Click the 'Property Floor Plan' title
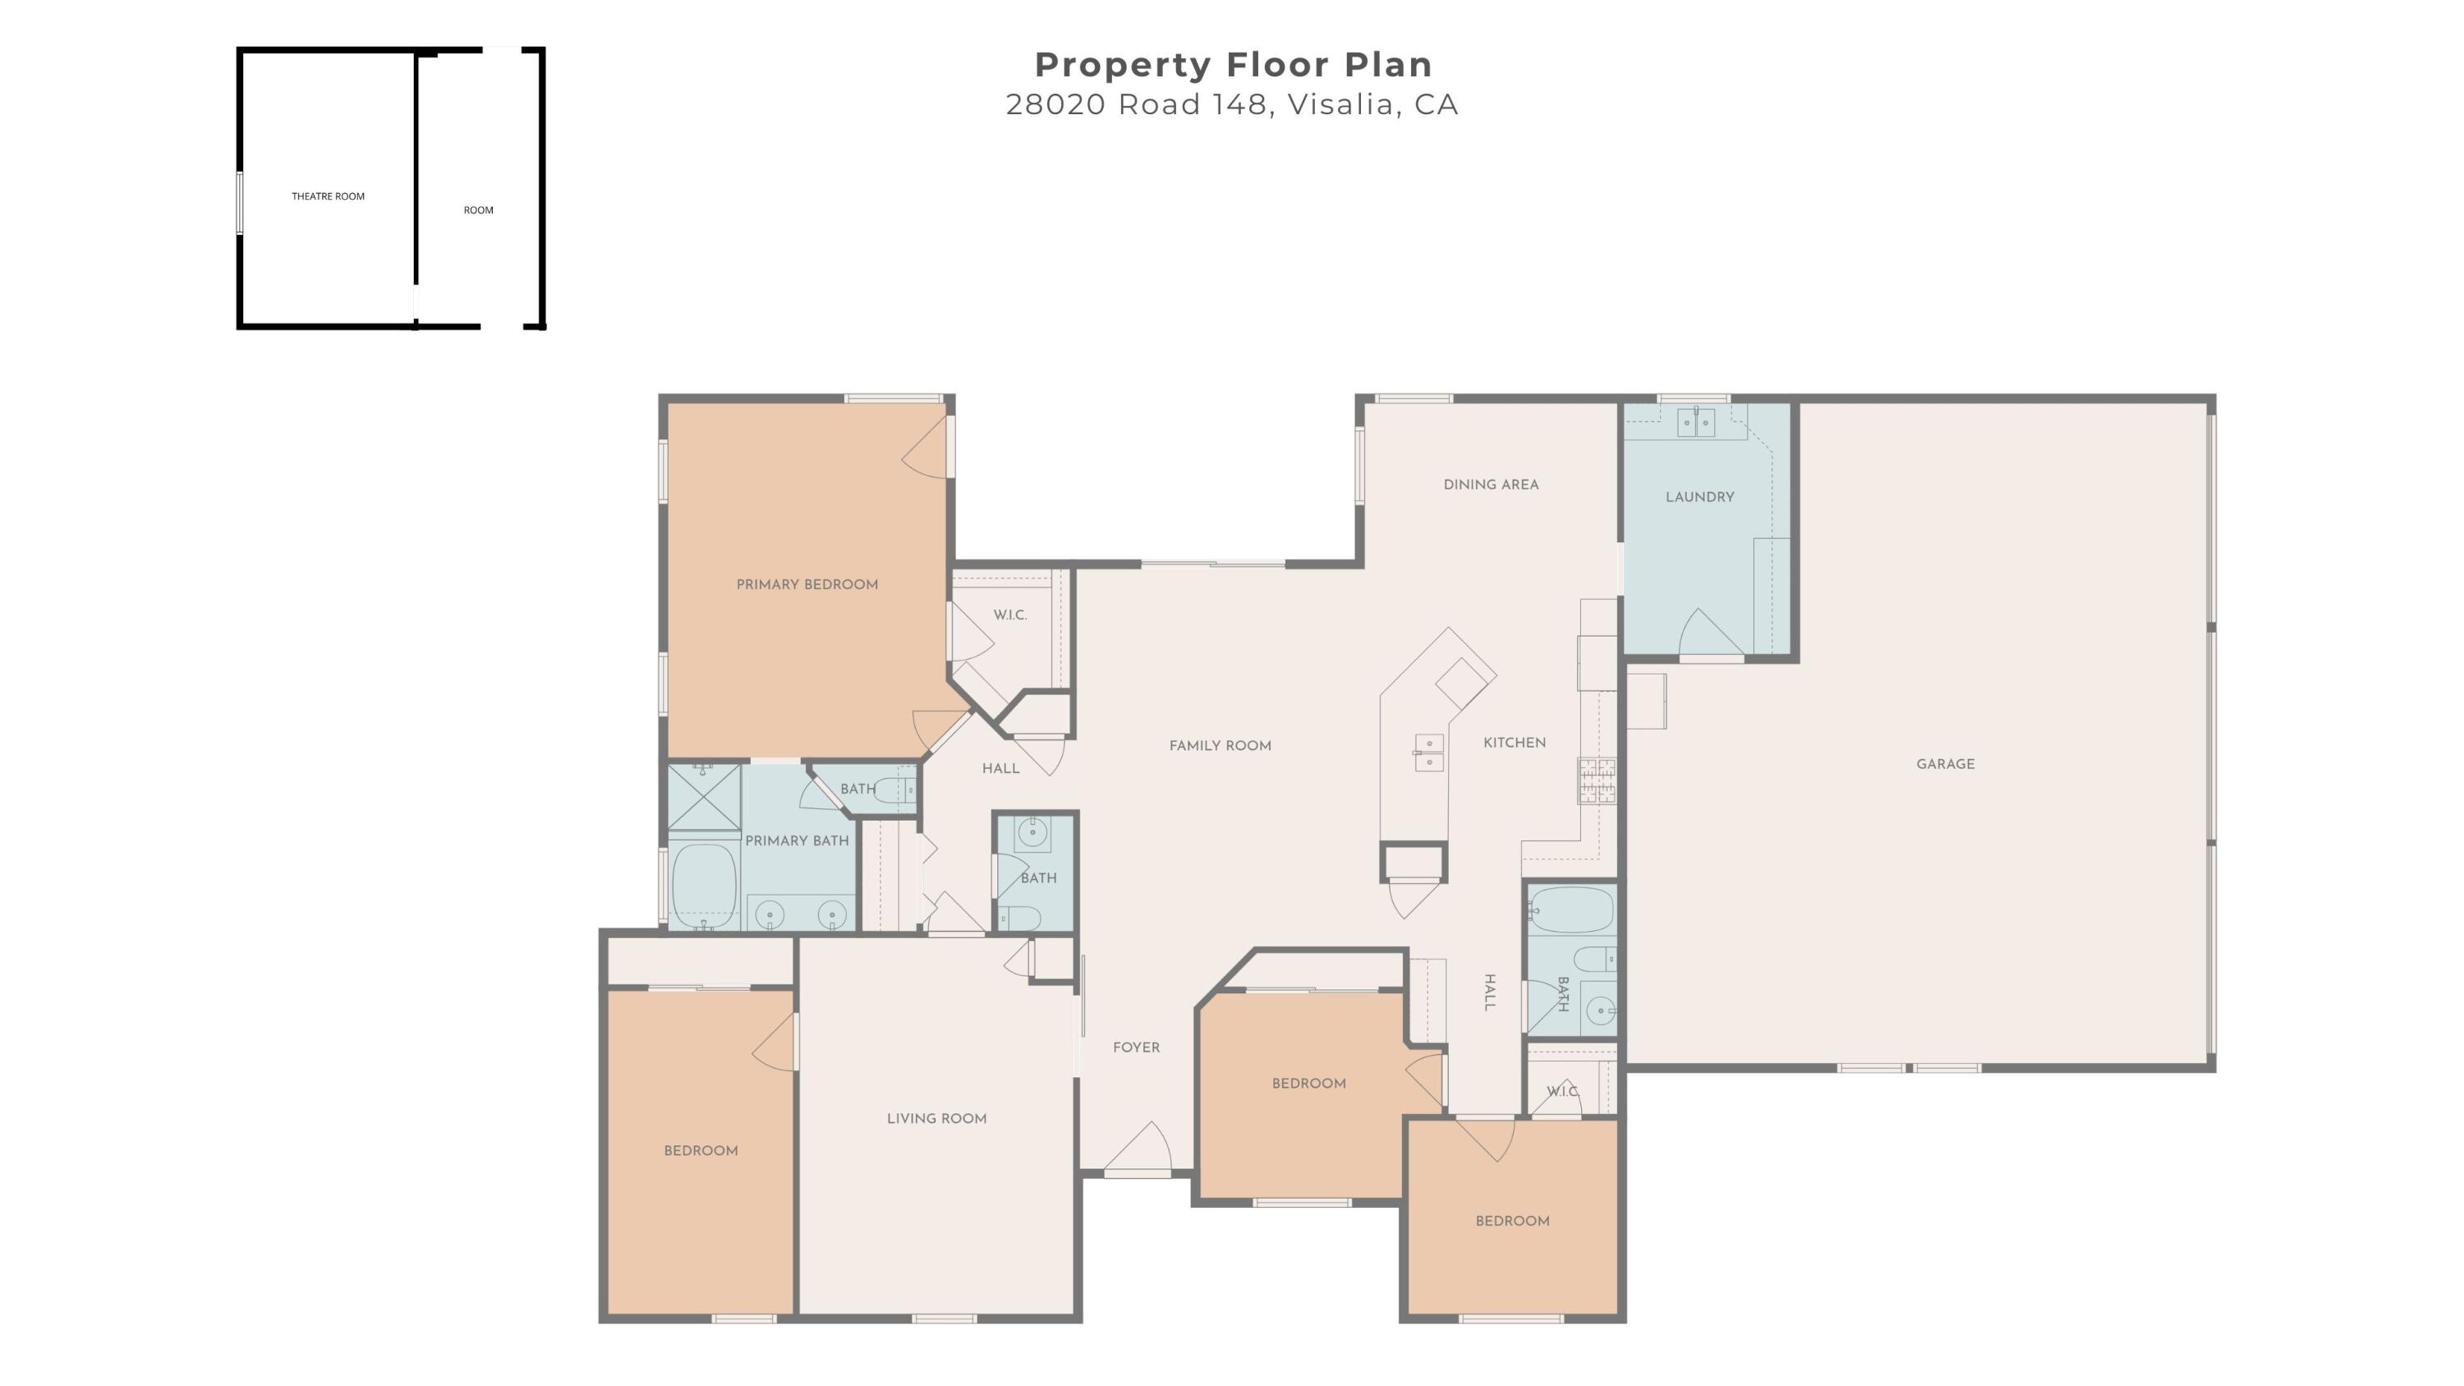pyautogui.click(x=1233, y=65)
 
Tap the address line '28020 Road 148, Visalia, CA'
pyautogui.click(x=1232, y=104)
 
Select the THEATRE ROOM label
pyautogui.click(x=328, y=196)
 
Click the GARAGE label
pyautogui.click(x=1946, y=763)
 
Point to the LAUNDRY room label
pyautogui.click(x=1699, y=496)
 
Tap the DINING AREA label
pyautogui.click(x=1492, y=484)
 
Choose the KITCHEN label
pyautogui.click(x=1515, y=742)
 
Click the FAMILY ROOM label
pyautogui.click(x=1221, y=745)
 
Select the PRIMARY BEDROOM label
pyautogui.click(x=807, y=584)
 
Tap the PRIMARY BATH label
pyautogui.click(x=797, y=840)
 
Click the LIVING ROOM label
pyautogui.click(x=936, y=1118)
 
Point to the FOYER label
pyautogui.click(x=1137, y=1048)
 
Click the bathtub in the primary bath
pyautogui.click(x=704, y=886)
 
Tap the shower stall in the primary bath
pyautogui.click(x=704, y=797)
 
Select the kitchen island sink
pyautogui.click(x=1429, y=753)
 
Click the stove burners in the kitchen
pyautogui.click(x=1597, y=780)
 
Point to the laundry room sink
pyautogui.click(x=1697, y=421)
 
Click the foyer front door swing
pyautogui.click(x=1140, y=1147)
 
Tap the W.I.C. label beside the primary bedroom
pyautogui.click(x=1010, y=615)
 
